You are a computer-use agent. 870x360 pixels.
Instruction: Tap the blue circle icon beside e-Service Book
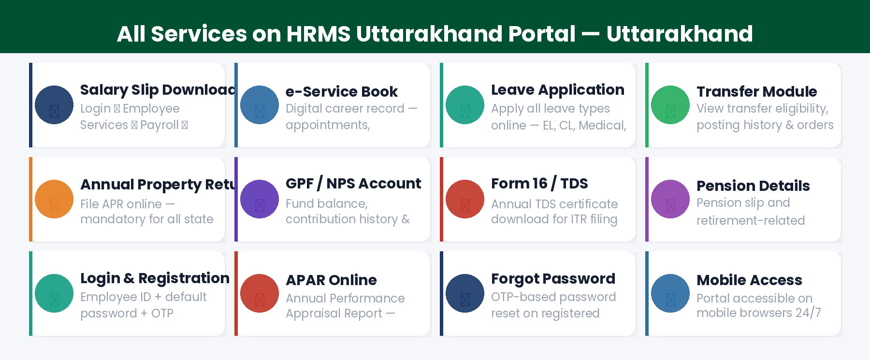[260, 105]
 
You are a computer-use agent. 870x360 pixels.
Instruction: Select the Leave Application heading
[557, 90]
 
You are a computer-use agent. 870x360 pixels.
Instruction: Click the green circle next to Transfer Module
[670, 105]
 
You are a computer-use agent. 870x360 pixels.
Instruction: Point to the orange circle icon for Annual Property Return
[54, 199]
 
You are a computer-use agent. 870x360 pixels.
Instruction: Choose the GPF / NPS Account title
[353, 184]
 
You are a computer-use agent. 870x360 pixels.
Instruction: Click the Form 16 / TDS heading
[539, 184]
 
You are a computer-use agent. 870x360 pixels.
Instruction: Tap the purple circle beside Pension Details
[670, 199]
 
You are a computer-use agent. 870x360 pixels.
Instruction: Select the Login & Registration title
[155, 278]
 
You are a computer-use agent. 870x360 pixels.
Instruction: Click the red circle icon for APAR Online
[260, 293]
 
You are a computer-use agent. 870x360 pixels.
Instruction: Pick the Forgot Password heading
[553, 279]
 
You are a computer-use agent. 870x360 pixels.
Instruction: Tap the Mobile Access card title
[749, 280]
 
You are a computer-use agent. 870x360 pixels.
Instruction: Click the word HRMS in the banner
[318, 34]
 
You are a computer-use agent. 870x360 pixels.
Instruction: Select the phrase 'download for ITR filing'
[554, 219]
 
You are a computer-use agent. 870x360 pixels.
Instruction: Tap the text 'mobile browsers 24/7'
[758, 313]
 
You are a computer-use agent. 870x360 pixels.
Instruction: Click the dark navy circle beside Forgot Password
[465, 293]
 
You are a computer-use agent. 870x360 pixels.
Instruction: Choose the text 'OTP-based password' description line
[553, 297]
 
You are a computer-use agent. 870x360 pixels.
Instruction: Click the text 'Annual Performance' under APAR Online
[345, 298]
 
